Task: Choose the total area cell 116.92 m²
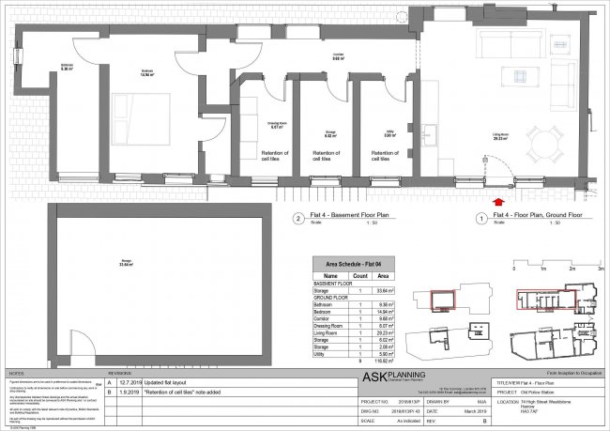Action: click(x=381, y=360)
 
